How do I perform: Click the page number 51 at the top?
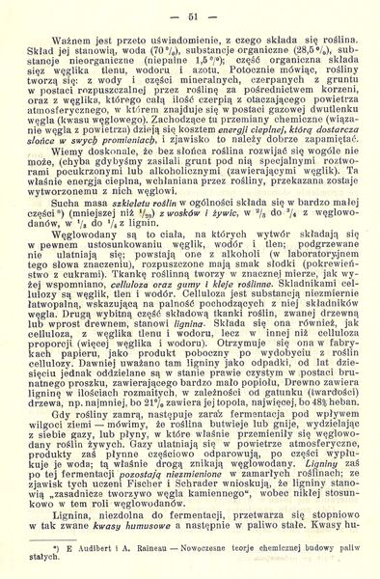pyautogui.click(x=193, y=16)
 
